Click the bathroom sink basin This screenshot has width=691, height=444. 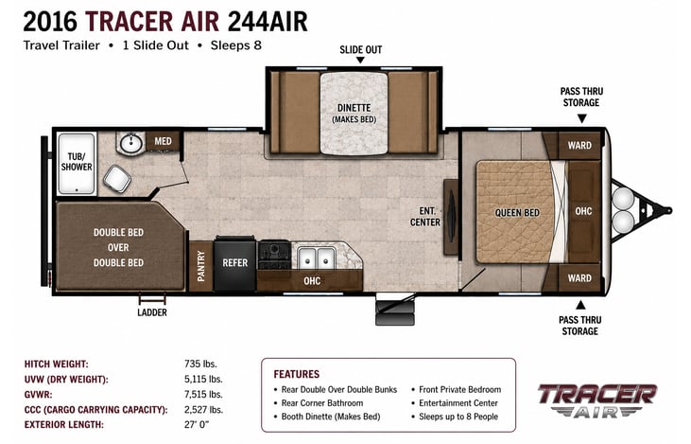point(131,143)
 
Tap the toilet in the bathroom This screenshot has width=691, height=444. point(117,178)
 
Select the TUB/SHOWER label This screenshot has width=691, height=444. point(77,162)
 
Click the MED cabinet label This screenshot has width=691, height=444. point(163,141)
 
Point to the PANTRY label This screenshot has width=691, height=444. point(201,266)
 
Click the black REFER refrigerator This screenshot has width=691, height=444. point(234,263)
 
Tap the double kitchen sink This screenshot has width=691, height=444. point(316,258)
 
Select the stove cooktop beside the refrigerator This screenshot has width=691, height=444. point(274,255)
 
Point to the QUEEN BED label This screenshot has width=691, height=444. point(517,213)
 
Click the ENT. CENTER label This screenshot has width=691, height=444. point(424,217)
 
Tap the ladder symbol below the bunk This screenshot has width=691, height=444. point(152,299)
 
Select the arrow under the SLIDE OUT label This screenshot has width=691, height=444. point(360,60)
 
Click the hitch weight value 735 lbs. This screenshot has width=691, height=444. point(200,364)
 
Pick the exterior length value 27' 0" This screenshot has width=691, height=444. point(197,424)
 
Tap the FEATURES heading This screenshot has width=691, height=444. point(297,374)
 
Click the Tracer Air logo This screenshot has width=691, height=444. point(597,400)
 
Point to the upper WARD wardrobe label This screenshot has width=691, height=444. point(579,145)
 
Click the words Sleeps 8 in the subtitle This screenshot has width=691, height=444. point(235,45)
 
